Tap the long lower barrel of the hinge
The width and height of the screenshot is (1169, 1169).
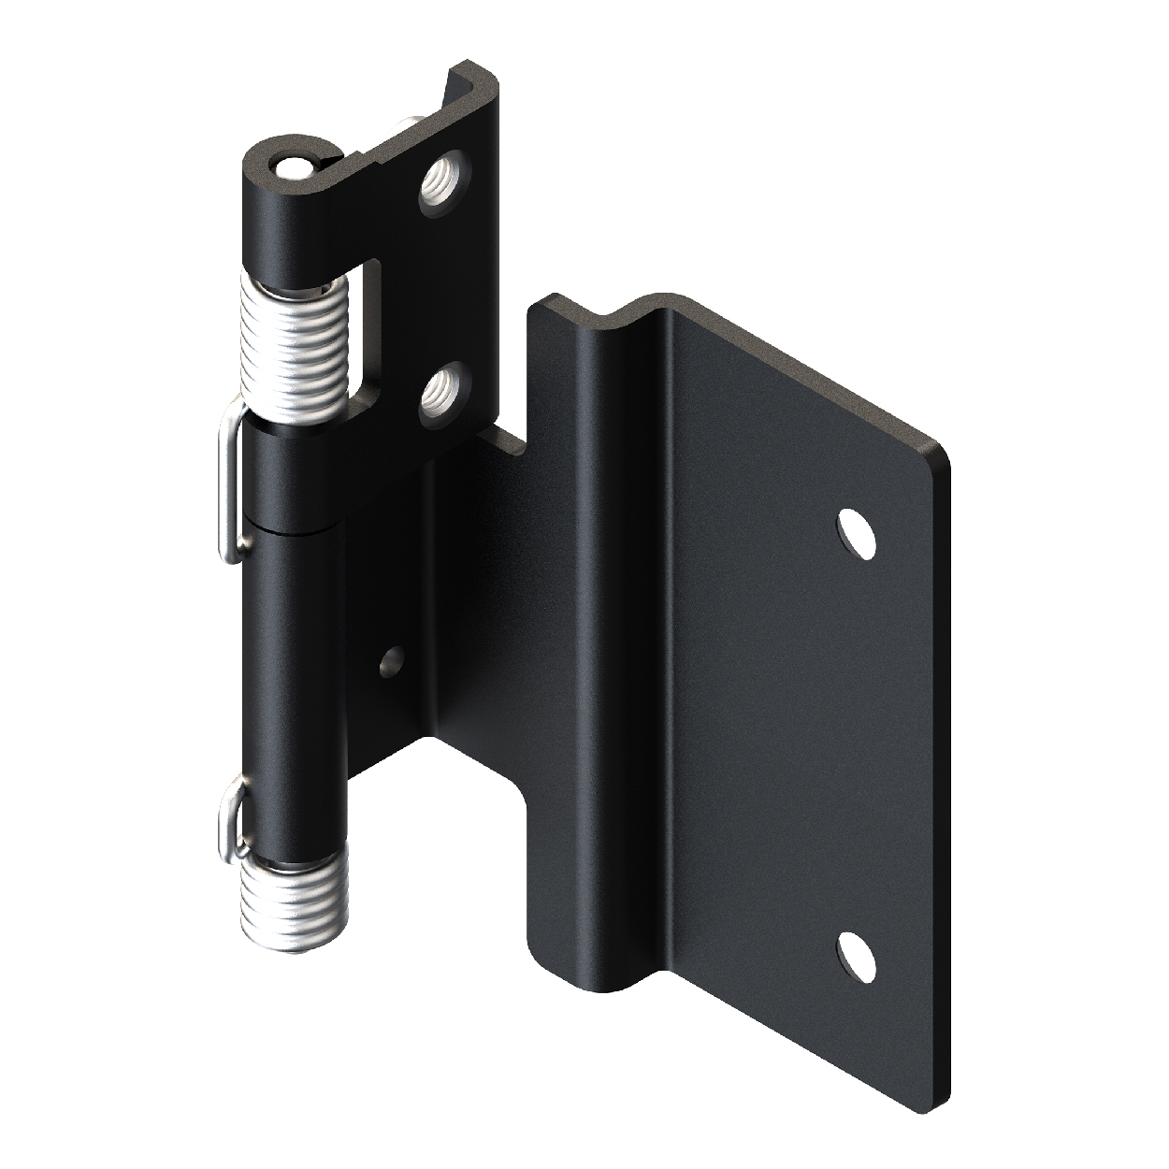tap(295, 673)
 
